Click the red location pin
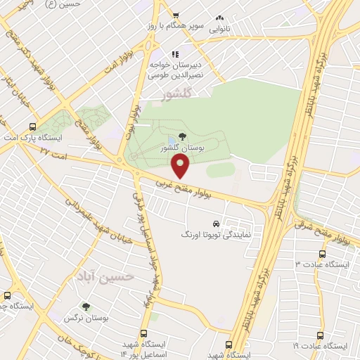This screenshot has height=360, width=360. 181,166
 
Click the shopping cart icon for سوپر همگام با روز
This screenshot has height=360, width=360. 176,15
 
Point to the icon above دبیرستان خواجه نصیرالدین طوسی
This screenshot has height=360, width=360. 176,53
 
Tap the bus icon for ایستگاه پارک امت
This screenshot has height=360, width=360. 32,127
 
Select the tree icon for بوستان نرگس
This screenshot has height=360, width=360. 86,307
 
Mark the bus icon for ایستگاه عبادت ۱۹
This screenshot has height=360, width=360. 321,336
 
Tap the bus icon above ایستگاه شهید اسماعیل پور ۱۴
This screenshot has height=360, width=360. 143,334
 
